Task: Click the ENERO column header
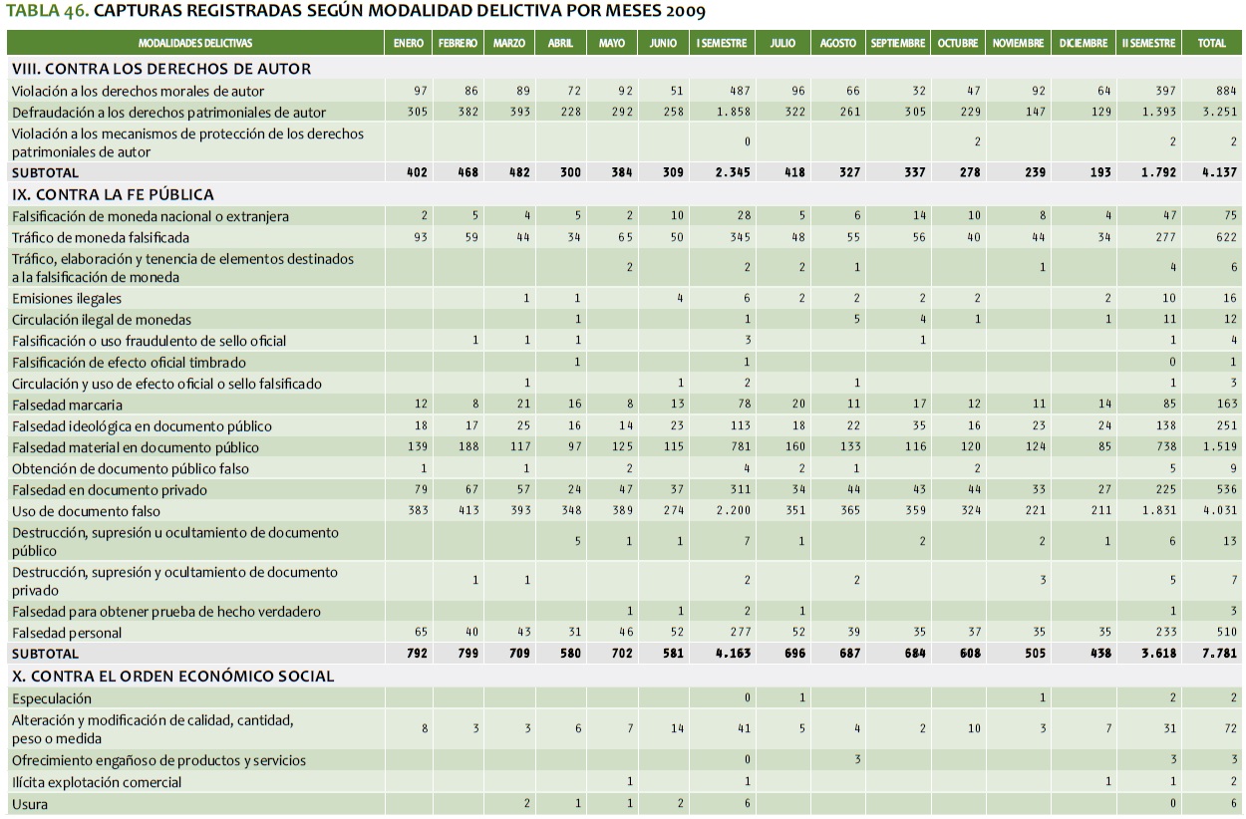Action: pyautogui.click(x=408, y=44)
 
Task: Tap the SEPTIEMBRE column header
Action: pyautogui.click(x=898, y=44)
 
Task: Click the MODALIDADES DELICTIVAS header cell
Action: pyautogui.click(x=195, y=44)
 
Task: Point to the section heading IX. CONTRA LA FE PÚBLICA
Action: pyautogui.click(x=113, y=194)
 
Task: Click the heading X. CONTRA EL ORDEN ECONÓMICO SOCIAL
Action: pyautogui.click(x=172, y=677)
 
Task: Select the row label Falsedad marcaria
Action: pyautogui.click(x=68, y=405)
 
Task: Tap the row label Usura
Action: pyautogui.click(x=30, y=804)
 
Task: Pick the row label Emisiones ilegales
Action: pyautogui.click(x=67, y=299)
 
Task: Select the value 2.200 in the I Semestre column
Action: pyautogui.click(x=734, y=511)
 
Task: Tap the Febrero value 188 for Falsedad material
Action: pyautogui.click(x=468, y=447)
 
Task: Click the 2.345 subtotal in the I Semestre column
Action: pyautogui.click(x=733, y=172)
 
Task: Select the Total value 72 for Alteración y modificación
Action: pyautogui.click(x=1229, y=729)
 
